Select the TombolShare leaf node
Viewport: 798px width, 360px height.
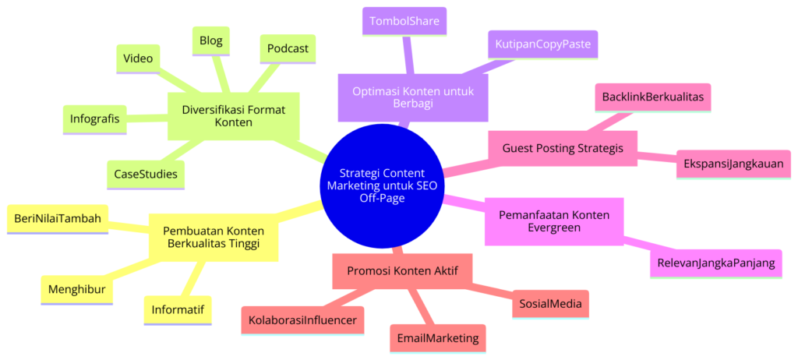(404, 21)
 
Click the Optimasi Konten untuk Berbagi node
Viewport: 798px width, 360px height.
(412, 97)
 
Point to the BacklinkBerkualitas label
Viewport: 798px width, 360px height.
(653, 97)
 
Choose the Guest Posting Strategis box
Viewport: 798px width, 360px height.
(562, 148)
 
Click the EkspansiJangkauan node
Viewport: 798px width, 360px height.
(733, 164)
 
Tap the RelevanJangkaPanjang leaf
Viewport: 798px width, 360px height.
(715, 263)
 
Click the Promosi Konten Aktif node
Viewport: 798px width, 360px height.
(402, 270)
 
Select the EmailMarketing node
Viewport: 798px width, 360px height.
(437, 339)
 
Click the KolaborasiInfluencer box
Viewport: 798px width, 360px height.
(302, 319)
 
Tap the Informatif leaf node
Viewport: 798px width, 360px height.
(177, 309)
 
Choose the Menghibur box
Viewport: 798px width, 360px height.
(76, 289)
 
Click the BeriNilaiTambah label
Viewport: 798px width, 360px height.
(58, 219)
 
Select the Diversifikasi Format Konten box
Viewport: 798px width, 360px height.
(235, 116)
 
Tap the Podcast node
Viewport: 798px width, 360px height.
(288, 48)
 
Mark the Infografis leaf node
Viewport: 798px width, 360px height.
(94, 119)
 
